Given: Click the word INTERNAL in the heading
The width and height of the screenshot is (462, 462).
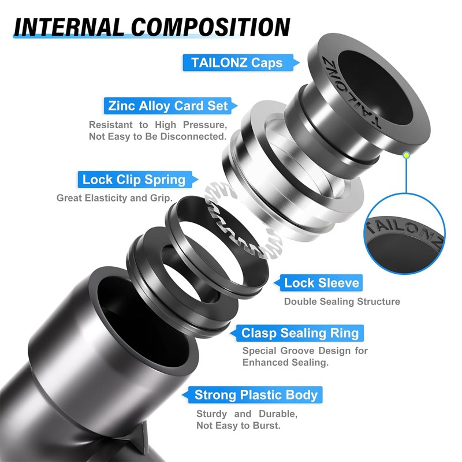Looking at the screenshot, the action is tap(69, 27).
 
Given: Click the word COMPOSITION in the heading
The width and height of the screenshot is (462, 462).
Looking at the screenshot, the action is tap(211, 27).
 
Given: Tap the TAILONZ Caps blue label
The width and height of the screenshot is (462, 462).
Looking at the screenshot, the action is tap(241, 63).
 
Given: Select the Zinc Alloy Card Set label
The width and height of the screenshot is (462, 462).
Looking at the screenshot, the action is tap(170, 106).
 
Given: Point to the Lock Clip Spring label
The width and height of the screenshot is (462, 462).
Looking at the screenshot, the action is tap(138, 180).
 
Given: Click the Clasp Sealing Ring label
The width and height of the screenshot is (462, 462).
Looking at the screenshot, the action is tap(297, 333).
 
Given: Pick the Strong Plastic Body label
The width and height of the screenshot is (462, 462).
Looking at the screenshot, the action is tap(252, 395).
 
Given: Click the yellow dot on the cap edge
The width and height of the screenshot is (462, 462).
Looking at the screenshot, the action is tap(407, 155).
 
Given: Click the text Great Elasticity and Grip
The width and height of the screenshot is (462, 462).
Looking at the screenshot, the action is tap(114, 198).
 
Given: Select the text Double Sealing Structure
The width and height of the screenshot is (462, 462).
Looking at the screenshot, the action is tap(342, 301).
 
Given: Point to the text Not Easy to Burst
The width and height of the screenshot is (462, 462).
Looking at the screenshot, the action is tap(239, 426).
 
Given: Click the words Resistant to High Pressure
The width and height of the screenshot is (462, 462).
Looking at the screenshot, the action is tap(158, 125).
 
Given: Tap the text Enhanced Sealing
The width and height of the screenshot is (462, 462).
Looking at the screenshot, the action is tap(285, 363).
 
